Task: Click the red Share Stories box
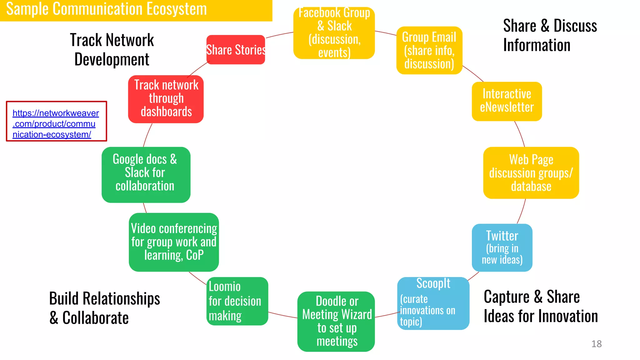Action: coord(236,50)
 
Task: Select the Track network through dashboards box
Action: coord(166,99)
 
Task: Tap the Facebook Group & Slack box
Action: coord(334,33)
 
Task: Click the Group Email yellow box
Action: coord(429,50)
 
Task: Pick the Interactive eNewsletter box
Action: coord(507,101)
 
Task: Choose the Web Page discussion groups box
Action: coord(531,173)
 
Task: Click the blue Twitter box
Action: coord(502,247)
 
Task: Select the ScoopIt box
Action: coord(433,303)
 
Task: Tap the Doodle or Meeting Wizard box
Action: coord(336,321)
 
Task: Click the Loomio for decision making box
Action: coord(237,301)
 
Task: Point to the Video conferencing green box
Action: coord(174,242)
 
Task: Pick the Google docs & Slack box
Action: coord(146,174)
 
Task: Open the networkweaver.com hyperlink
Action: coord(56,124)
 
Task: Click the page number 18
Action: coord(596,344)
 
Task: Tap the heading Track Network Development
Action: coord(112,49)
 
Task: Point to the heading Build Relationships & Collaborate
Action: coord(104,308)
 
